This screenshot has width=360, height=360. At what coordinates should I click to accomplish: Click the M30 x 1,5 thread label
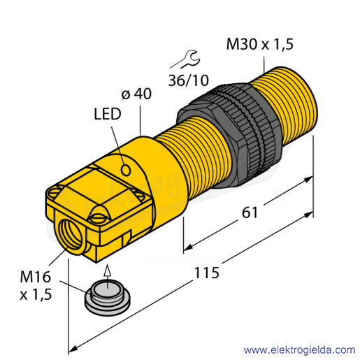[x=260, y=44]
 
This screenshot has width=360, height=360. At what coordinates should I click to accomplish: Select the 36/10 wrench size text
[x=189, y=80]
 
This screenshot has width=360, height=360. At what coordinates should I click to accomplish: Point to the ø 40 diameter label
[x=136, y=94]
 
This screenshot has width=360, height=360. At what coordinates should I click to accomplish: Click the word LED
[x=108, y=114]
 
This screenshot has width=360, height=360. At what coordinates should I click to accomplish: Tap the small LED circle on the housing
[x=126, y=170]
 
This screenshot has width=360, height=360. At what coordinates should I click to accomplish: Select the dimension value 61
[x=250, y=213]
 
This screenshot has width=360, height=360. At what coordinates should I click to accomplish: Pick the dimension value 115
[x=207, y=273]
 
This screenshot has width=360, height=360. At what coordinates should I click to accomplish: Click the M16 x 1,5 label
[x=36, y=286]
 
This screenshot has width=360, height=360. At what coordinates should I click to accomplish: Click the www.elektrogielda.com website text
[x=299, y=350]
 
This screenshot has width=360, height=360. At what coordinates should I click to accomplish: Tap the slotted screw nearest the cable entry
[x=98, y=218]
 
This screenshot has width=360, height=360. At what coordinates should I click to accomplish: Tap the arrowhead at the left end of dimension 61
[x=188, y=247]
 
